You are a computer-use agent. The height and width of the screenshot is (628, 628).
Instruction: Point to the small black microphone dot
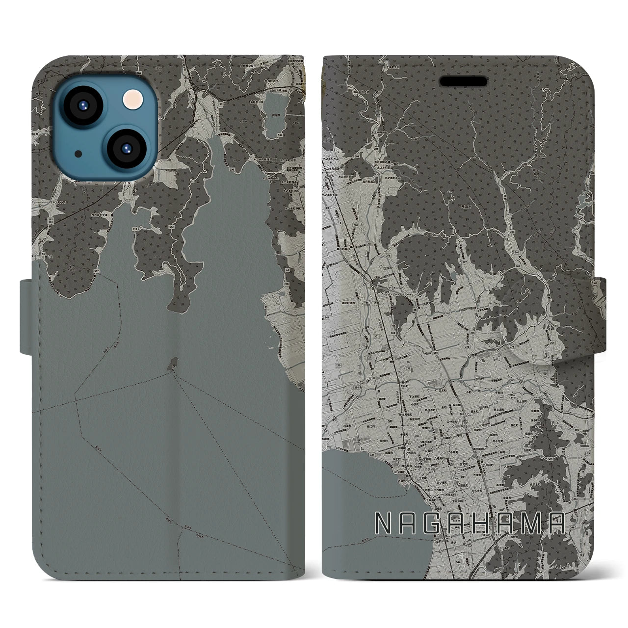tap(78, 154)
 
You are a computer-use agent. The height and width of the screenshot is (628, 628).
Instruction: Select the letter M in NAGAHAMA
tap(532, 524)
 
